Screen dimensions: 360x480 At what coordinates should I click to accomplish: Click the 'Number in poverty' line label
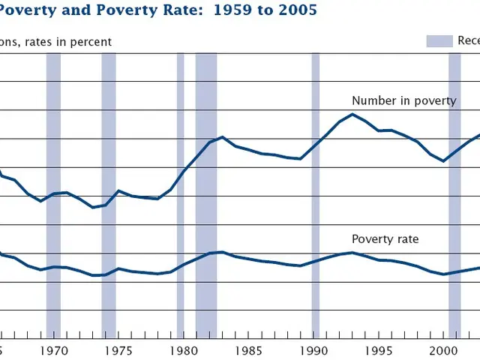pyautogui.click(x=403, y=101)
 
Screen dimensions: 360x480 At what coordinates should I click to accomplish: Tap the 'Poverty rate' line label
pyautogui.click(x=385, y=239)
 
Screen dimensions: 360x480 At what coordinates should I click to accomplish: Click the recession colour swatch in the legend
pyautogui.click(x=439, y=41)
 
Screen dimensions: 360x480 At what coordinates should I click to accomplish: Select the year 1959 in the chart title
pyautogui.click(x=212, y=10)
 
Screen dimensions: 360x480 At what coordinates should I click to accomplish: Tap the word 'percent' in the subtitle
pyautogui.click(x=91, y=42)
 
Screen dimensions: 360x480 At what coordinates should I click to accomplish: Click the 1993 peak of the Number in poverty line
pyautogui.click(x=352, y=114)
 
